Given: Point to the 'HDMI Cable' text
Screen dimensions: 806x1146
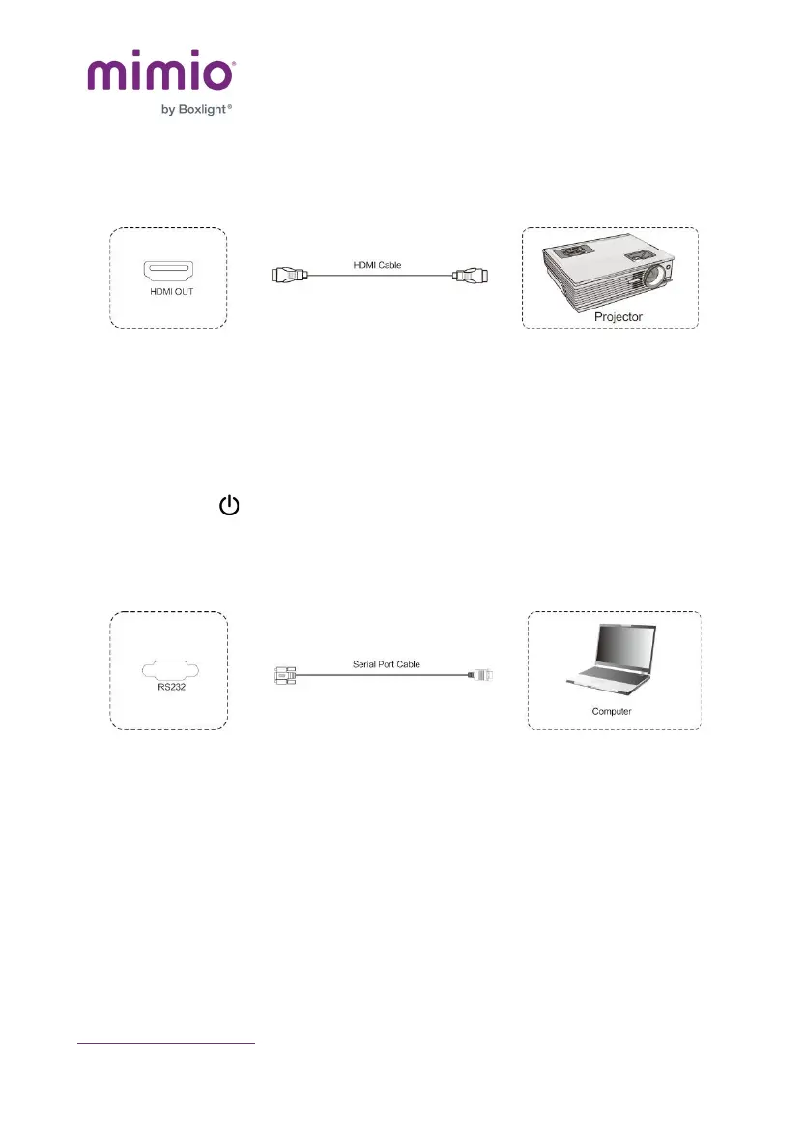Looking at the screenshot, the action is [376, 264].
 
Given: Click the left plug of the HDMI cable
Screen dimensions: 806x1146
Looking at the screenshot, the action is [288, 276].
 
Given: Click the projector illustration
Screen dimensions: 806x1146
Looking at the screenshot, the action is [606, 274].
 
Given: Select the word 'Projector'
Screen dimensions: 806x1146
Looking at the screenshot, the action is [618, 316].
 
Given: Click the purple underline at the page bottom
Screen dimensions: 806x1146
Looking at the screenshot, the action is [165, 1043].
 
